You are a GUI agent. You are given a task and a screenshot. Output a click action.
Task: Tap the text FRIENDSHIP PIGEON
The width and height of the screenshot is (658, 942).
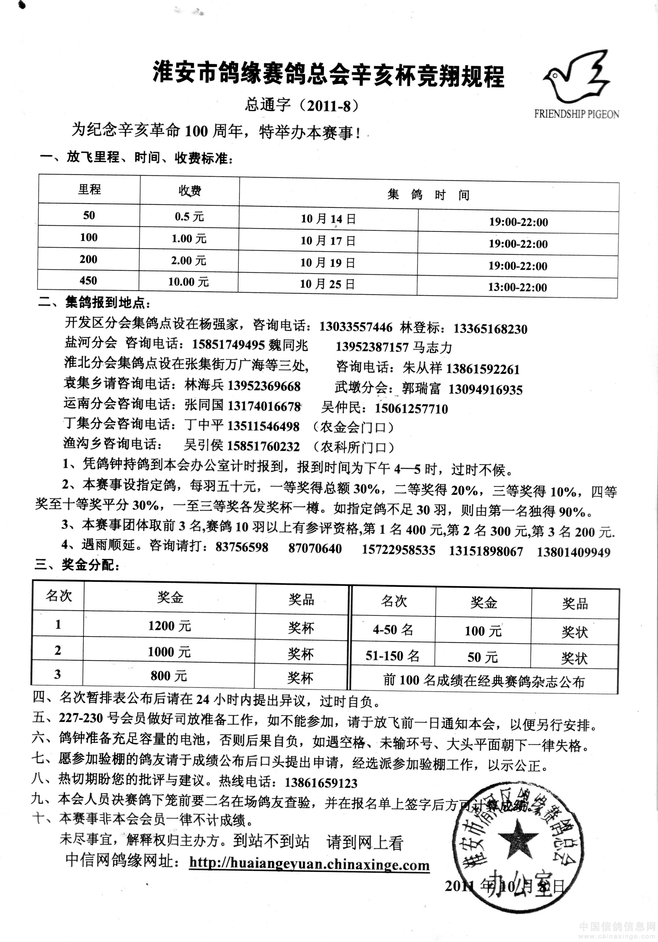pos(576,114)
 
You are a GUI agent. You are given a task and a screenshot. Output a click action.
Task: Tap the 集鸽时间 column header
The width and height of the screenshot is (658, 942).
pos(428,194)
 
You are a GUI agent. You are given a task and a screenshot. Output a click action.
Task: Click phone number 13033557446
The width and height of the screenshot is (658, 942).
pos(356,327)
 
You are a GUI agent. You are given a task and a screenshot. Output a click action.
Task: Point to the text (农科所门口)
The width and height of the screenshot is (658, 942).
pos(353,447)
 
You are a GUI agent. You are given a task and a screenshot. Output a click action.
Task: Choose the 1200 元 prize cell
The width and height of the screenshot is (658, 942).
pos(169,626)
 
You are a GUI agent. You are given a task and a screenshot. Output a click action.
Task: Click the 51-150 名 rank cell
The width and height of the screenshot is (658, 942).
pos(392,656)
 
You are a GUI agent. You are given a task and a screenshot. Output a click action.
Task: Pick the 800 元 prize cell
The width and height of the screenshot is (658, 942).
pos(169,676)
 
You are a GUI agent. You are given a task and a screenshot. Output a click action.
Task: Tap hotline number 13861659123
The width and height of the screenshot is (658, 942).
pos(321,783)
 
